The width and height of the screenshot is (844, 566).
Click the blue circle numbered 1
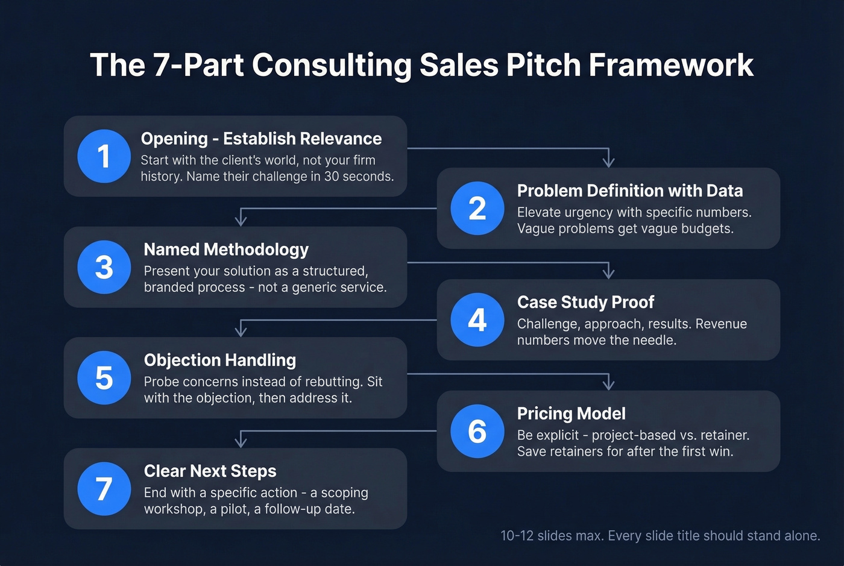coord(104,156)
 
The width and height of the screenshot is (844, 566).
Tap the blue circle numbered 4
coord(477,319)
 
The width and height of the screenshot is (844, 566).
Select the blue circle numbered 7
coord(104,489)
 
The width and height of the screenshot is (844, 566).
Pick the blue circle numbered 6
coord(477,431)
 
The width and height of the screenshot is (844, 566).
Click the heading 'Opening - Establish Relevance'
coord(261,139)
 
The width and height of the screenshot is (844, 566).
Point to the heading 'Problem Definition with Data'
coord(629,190)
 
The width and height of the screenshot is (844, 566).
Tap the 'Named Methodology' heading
coord(226,250)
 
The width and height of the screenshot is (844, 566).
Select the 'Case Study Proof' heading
coord(585,302)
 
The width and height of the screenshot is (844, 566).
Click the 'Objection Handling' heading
coord(220,360)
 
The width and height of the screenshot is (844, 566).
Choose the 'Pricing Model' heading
coord(571,413)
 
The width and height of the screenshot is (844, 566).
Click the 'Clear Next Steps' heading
coord(210,471)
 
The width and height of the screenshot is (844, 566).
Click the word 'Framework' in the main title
coord(671,64)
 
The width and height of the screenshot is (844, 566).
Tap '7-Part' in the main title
coord(197,64)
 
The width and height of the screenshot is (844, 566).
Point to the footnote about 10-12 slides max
coord(660,536)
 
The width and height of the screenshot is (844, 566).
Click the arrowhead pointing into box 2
coord(609,161)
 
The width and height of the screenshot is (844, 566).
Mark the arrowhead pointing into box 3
coord(241,219)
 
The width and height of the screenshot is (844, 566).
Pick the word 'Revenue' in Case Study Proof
coord(721,324)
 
